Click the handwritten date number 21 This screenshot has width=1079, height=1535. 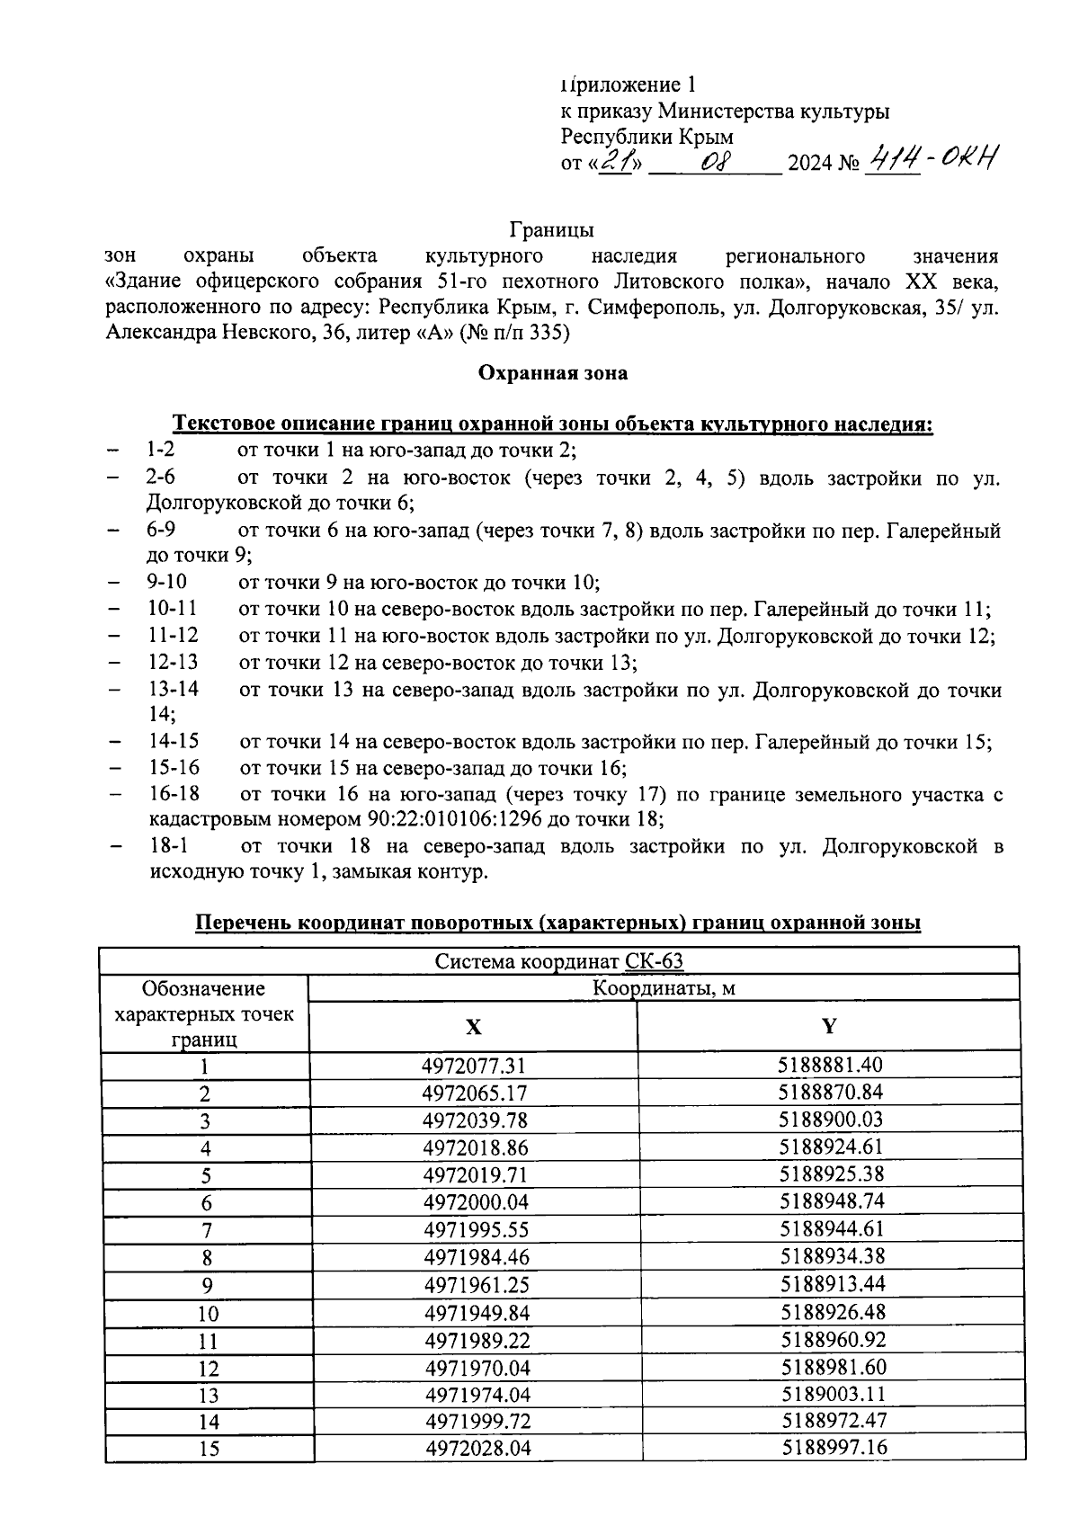(617, 161)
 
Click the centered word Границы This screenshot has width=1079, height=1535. (552, 230)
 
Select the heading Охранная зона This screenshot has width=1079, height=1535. (552, 372)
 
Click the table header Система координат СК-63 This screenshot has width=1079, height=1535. (558, 961)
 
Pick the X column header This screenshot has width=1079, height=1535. (473, 1027)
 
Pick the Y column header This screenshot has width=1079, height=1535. (829, 1027)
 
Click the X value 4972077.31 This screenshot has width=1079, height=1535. (473, 1066)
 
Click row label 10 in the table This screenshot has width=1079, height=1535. (208, 1314)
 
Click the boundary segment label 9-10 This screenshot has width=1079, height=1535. (167, 583)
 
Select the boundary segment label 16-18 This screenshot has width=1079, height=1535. (174, 795)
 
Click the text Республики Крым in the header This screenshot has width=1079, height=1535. (647, 138)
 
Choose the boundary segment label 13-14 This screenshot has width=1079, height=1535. (174, 690)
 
